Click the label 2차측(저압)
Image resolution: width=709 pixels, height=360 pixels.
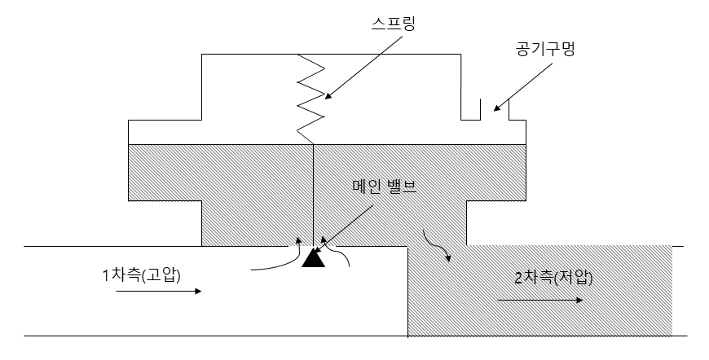[553, 277]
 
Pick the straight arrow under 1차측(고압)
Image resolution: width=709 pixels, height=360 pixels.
[157, 291]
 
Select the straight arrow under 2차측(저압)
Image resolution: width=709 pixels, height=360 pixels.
[539, 300]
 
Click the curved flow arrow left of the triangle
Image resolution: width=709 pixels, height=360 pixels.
[277, 259]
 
